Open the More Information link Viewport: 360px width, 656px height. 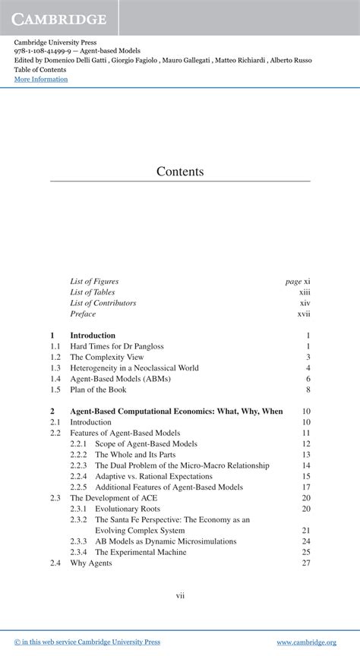41,79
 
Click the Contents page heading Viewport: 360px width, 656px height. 180,172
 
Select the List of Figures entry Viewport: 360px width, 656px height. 94,281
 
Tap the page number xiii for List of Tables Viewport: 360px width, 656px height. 305,292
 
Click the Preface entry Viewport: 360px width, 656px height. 83,314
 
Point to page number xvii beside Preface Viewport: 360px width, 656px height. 304,314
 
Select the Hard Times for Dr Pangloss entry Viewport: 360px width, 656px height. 116,346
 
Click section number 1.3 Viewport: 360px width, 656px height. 55,367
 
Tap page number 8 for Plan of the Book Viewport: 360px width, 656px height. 308,389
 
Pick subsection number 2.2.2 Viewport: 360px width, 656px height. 78,455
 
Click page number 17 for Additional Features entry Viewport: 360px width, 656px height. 306,487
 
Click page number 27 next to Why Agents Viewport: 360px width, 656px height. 306,563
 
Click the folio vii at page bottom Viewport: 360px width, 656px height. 180,595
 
